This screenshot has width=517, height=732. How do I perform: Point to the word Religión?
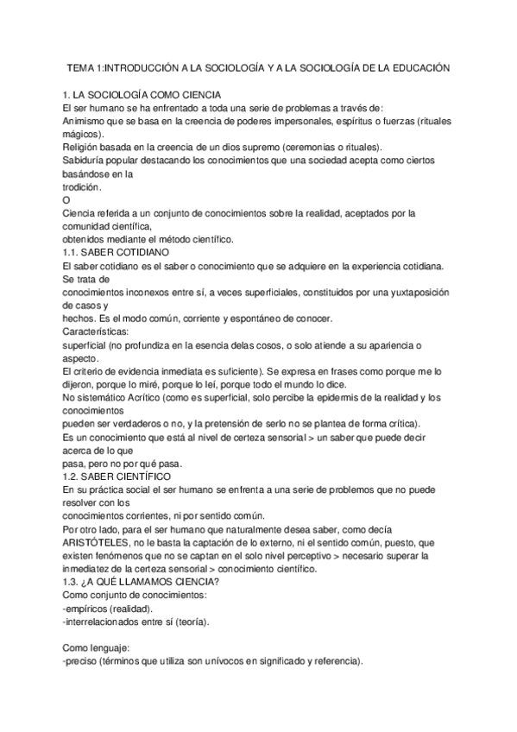coord(83,147)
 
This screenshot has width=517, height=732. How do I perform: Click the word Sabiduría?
coord(86,161)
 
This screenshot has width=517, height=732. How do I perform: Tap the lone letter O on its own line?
coord(67,200)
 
